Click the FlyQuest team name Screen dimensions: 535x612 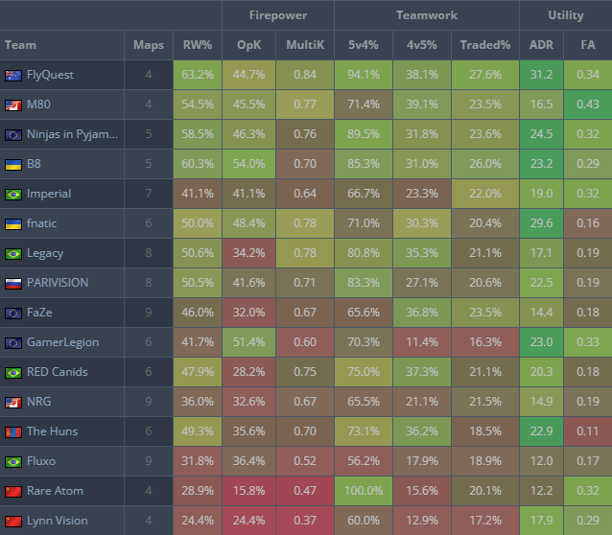[x=50, y=75]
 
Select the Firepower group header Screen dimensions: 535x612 [x=277, y=15]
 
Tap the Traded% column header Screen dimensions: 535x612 [x=484, y=45]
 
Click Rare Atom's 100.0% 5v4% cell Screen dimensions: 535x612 [x=364, y=491]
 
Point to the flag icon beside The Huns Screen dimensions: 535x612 [x=13, y=431]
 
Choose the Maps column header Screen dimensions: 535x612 [x=148, y=45]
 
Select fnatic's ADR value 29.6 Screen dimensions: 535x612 [x=541, y=223]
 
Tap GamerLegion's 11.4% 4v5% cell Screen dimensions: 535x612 [x=422, y=342]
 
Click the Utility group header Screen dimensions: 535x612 [x=566, y=15]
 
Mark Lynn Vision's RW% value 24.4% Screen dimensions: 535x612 [x=198, y=521]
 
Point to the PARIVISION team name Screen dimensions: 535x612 [x=58, y=283]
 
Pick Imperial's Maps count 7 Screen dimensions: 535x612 [x=148, y=194]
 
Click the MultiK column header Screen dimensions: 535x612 [x=305, y=45]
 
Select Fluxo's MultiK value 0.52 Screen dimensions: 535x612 [x=305, y=461]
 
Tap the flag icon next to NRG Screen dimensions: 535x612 [x=13, y=402]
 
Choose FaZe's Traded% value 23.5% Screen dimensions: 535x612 [x=484, y=313]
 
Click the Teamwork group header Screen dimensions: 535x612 [x=426, y=15]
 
